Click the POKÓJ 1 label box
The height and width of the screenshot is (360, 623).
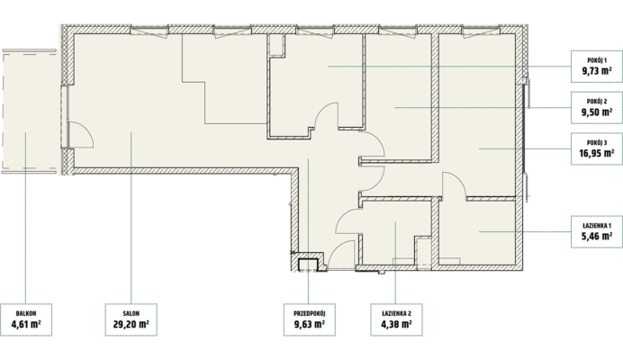pyautogui.click(x=597, y=67)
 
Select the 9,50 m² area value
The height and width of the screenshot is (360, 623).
pyautogui.click(x=597, y=112)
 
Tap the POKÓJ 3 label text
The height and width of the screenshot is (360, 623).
pyautogui.click(x=597, y=142)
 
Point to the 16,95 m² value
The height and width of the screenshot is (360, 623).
pyautogui.click(x=597, y=153)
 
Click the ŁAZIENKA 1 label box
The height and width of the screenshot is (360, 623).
pyautogui.click(x=597, y=231)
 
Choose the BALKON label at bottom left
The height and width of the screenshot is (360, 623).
pyautogui.click(x=26, y=313)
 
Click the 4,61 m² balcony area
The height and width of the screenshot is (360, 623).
pyautogui.click(x=26, y=324)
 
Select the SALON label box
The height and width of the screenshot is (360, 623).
pyautogui.click(x=131, y=319)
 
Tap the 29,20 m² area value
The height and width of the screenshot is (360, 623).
pyautogui.click(x=131, y=324)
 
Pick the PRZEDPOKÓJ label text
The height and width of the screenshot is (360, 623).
pyautogui.click(x=310, y=313)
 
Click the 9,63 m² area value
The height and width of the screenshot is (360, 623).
pyautogui.click(x=310, y=324)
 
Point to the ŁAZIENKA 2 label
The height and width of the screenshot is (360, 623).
pyautogui.click(x=396, y=313)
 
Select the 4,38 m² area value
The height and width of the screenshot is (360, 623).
pyautogui.click(x=396, y=324)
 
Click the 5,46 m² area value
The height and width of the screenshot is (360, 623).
pyautogui.click(x=597, y=237)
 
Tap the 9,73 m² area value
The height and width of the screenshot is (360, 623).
pyautogui.click(x=597, y=71)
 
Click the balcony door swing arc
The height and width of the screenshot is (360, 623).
pyautogui.click(x=86, y=129)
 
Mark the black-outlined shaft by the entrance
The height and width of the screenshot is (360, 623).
pyautogui.click(x=308, y=265)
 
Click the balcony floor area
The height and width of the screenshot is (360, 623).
pyautogui.click(x=31, y=112)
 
